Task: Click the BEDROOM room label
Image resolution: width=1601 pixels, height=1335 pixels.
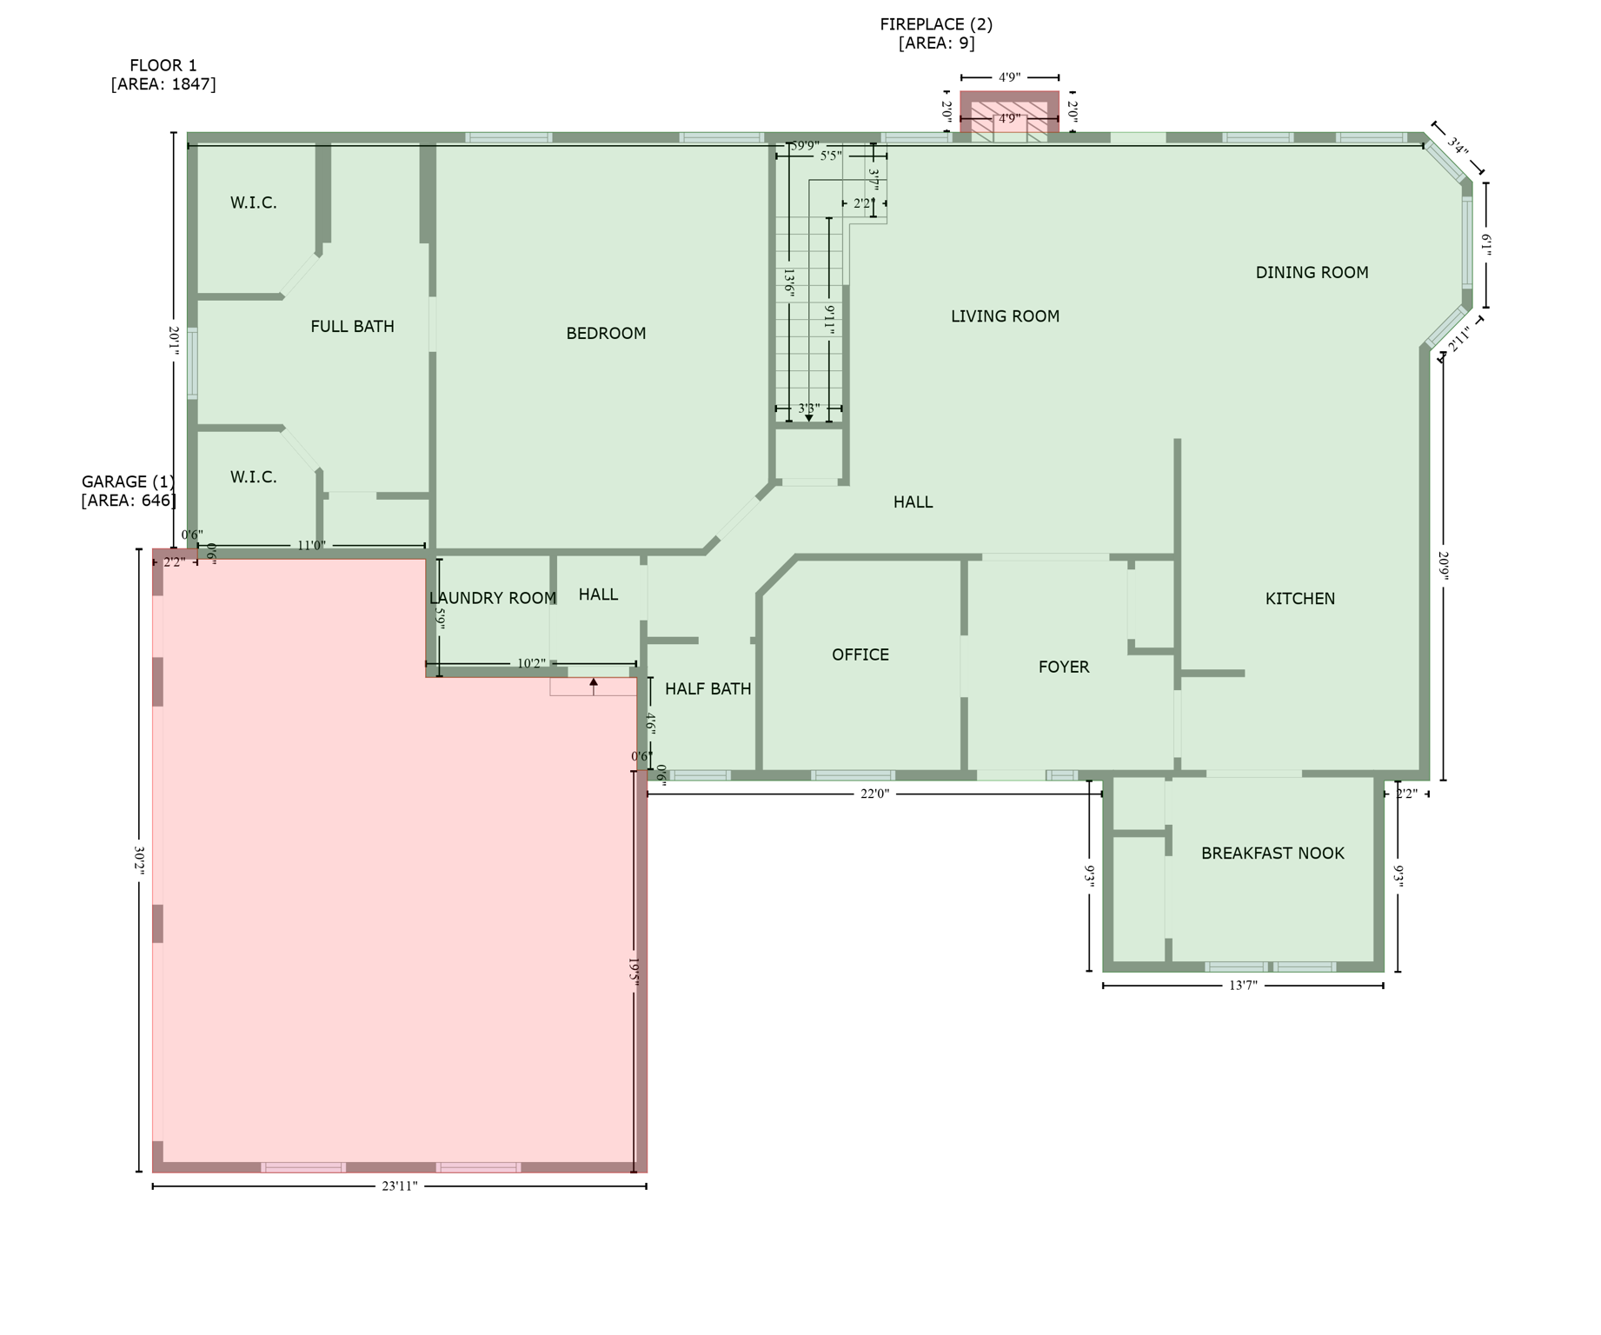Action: tap(606, 334)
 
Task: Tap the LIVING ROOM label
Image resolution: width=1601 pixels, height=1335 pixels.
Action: tap(1005, 316)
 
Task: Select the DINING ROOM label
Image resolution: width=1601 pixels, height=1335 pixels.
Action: tap(1312, 273)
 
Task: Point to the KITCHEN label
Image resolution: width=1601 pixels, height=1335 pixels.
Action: tap(1299, 599)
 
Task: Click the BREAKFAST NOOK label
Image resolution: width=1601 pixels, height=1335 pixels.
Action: tap(1272, 853)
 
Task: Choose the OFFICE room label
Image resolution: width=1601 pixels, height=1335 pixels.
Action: tap(860, 655)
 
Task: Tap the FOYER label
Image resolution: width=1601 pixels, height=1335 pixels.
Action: tap(1063, 667)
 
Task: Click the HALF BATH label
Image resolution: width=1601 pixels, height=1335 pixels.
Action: tap(707, 689)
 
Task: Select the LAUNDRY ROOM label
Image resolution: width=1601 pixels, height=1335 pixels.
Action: tap(492, 599)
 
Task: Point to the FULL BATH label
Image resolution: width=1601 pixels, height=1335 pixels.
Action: tap(352, 327)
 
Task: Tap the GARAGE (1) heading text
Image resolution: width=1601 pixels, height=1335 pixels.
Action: tap(128, 482)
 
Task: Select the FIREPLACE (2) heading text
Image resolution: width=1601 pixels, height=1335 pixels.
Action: tap(936, 24)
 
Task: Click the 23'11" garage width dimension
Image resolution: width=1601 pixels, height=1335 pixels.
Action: tap(400, 1186)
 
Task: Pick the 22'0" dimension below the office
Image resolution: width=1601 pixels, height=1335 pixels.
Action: tap(874, 794)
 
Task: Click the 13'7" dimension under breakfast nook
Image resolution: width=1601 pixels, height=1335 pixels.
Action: tap(1243, 986)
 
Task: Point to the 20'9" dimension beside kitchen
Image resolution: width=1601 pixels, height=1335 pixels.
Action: tap(1444, 565)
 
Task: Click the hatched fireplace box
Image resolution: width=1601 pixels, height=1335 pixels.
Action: tap(1009, 117)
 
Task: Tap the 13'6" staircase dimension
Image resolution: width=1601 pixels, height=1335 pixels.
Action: tap(789, 283)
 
